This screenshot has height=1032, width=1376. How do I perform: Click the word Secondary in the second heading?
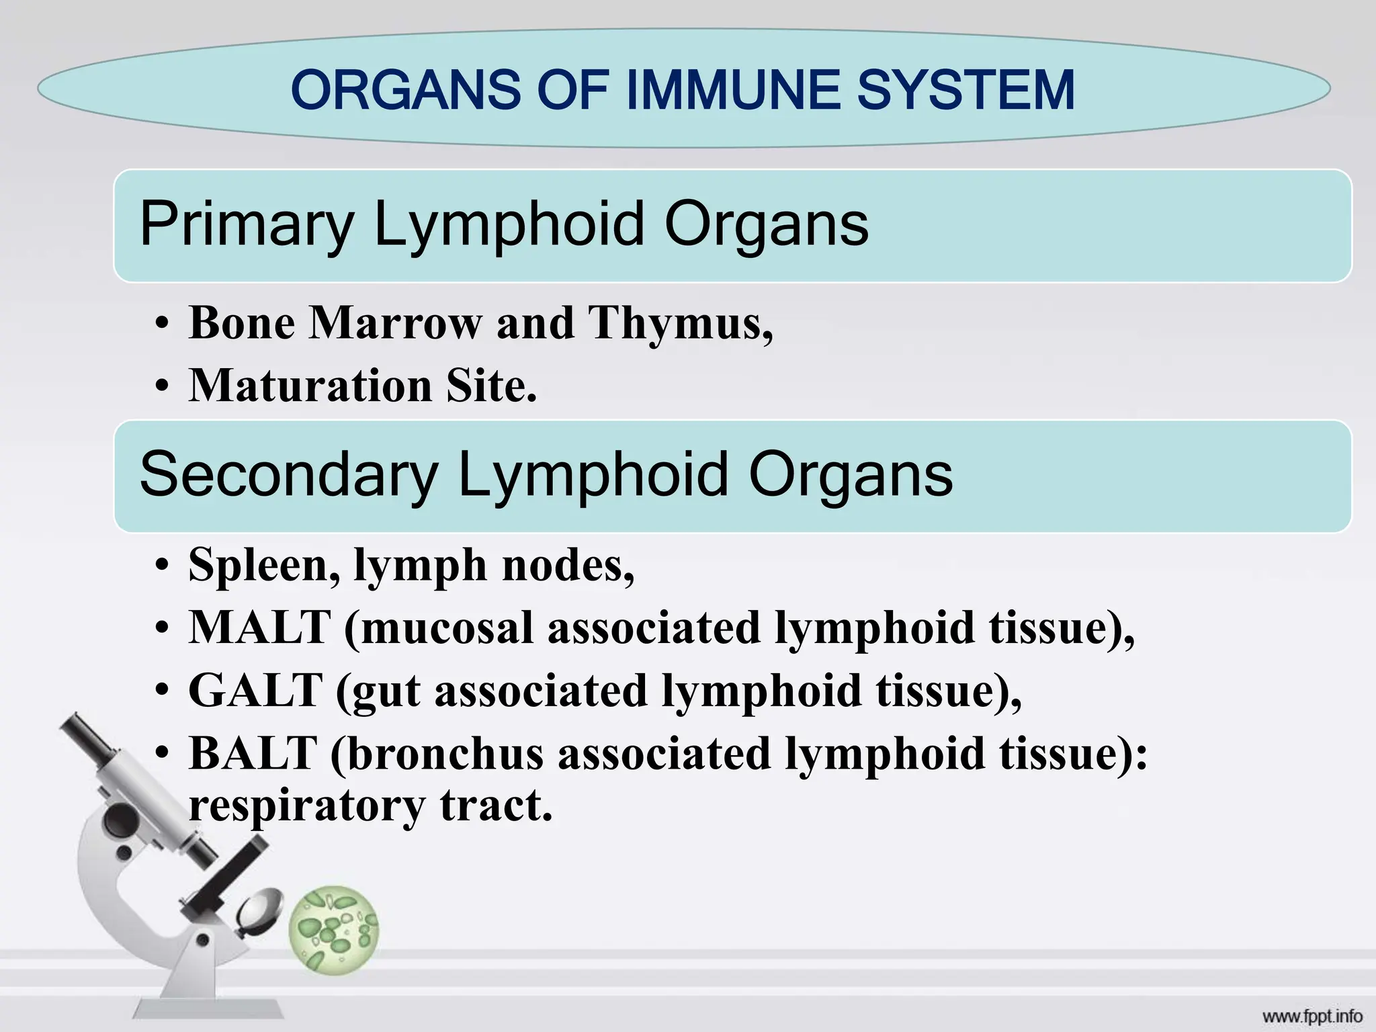[x=289, y=475]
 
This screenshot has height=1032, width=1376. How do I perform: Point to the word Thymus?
[x=679, y=323]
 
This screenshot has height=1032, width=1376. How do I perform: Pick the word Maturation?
[x=310, y=386]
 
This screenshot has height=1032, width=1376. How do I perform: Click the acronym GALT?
[x=255, y=691]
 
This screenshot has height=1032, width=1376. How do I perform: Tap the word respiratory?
[x=306, y=805]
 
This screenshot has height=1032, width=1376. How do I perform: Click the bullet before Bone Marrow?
[x=161, y=326]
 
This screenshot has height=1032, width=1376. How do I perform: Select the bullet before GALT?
[x=161, y=693]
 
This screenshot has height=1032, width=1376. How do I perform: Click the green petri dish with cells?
[x=333, y=931]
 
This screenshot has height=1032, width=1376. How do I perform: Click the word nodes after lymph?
[x=568, y=566]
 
